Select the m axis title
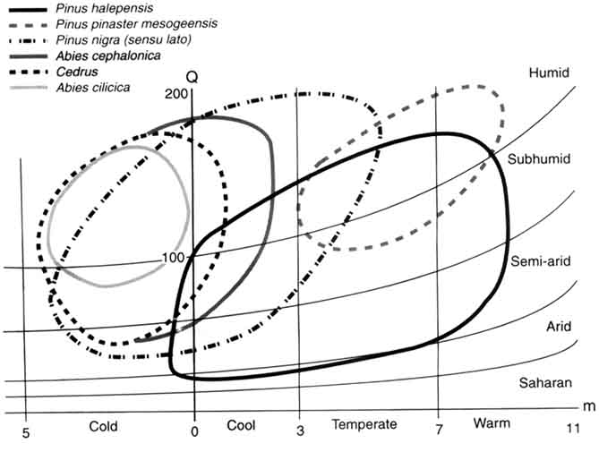[x=588, y=406]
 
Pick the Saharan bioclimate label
[x=544, y=383]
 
